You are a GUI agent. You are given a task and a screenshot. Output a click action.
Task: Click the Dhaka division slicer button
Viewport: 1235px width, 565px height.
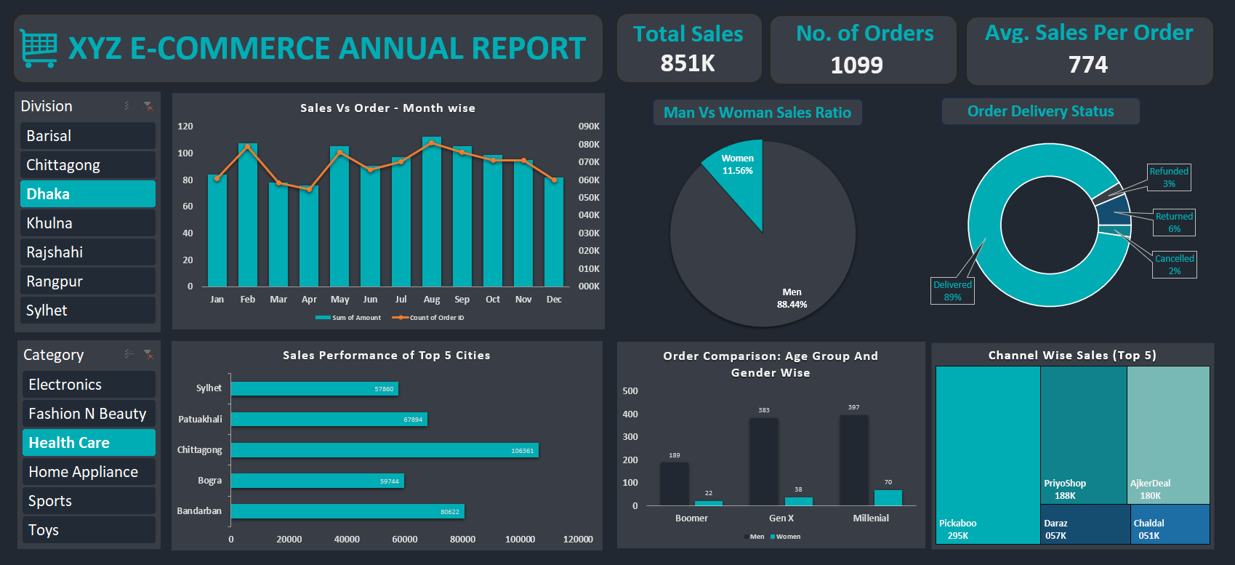87,194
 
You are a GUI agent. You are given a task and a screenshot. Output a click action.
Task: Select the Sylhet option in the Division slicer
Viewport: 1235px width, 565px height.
87,310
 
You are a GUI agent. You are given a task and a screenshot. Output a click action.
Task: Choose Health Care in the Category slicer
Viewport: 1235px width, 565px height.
88,443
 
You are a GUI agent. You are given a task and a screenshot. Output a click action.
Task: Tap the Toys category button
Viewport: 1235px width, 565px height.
88,530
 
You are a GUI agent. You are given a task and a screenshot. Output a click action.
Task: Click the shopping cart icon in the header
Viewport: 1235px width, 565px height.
39,49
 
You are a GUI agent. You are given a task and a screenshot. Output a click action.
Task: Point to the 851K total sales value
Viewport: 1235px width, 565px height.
688,63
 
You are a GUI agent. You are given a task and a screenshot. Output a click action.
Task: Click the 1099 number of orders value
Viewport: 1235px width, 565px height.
856,65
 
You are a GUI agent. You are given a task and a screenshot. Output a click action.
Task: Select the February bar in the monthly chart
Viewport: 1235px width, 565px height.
248,218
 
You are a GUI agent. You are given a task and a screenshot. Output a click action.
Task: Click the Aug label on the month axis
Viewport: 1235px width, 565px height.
432,300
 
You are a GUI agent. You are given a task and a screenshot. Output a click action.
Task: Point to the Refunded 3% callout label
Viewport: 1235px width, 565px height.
1169,177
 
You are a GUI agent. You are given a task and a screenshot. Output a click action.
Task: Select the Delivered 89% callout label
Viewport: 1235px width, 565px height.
952,291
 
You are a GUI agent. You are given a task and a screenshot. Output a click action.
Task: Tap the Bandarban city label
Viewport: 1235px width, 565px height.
199,511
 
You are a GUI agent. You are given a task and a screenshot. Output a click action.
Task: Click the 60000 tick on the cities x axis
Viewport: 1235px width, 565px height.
404,540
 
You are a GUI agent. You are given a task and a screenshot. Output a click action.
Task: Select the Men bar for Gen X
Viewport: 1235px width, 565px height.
763,462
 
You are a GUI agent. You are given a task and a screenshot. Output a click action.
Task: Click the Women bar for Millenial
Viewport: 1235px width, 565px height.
888,498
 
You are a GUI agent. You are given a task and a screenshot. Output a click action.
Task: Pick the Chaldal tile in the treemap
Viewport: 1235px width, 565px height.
1169,524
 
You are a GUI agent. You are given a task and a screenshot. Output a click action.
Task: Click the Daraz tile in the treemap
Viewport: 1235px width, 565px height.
1083,524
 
